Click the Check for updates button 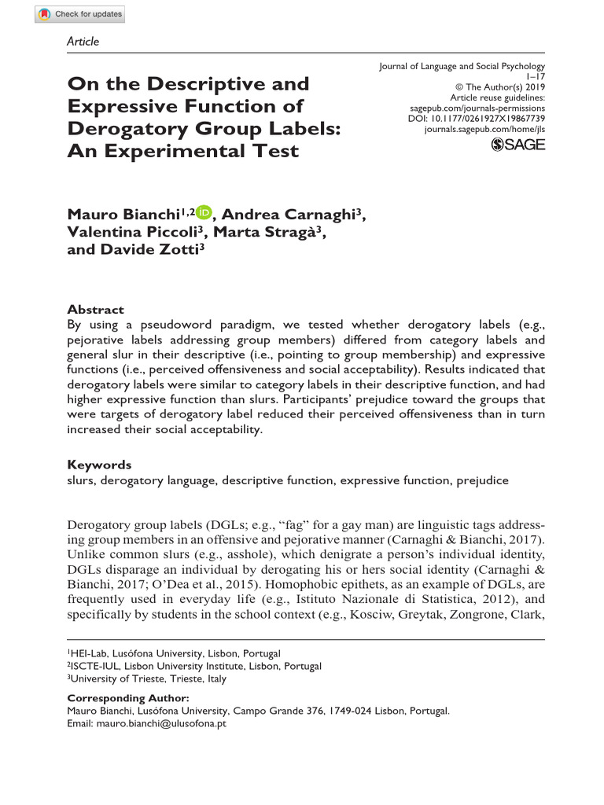[80, 14]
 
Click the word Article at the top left [83, 41]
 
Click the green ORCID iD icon [204, 212]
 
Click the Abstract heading [95, 309]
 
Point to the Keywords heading [99, 465]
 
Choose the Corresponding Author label [128, 698]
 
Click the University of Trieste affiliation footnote [149, 678]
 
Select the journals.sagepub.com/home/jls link [484, 128]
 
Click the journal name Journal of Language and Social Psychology [462, 67]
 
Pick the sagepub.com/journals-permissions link [477, 108]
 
